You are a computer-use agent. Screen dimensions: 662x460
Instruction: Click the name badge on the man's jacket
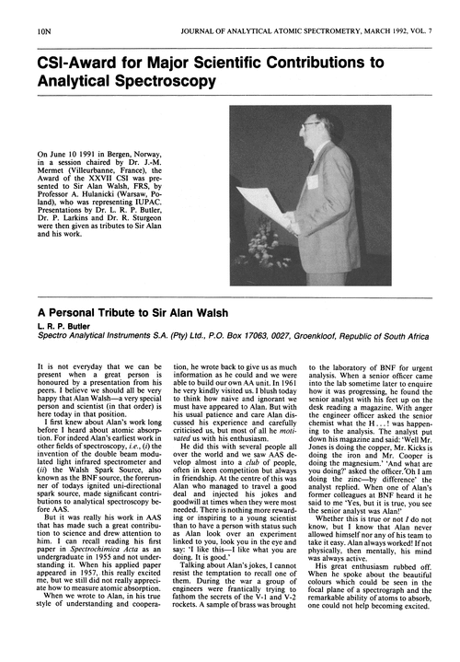(313, 182)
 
